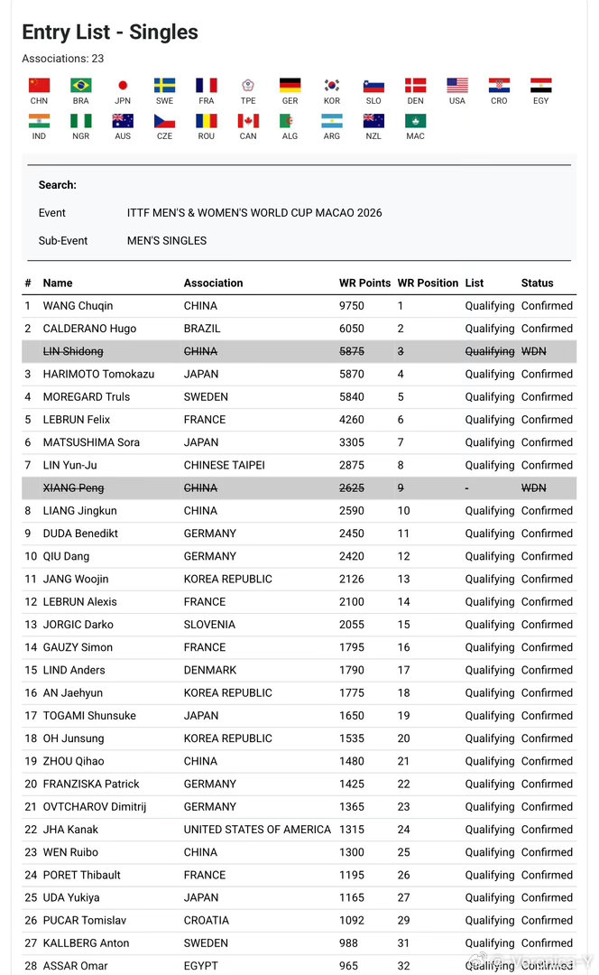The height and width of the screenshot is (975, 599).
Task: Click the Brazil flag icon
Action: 81,86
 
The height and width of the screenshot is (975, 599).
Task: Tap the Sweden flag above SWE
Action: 164,86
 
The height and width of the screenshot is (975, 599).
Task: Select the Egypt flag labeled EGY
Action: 540,86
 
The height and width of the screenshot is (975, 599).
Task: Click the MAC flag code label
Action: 415,136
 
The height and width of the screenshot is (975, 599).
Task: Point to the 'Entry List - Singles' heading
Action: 110,32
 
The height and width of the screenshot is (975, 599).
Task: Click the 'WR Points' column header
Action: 364,283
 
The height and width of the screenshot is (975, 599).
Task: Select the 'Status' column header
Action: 537,283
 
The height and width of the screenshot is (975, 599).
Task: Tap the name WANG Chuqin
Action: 78,306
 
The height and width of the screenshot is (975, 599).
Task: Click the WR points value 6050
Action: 352,329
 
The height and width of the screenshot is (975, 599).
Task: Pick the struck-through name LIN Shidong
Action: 73,351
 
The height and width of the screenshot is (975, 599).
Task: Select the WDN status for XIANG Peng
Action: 533,487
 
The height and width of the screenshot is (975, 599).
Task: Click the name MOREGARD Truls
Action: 87,397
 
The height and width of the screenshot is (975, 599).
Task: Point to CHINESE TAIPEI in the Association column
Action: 224,465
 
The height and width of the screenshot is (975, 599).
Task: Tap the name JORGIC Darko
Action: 78,625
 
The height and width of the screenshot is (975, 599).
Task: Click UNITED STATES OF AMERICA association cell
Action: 257,830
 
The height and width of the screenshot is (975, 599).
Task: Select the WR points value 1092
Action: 352,921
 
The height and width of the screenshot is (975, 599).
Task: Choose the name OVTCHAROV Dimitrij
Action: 95,807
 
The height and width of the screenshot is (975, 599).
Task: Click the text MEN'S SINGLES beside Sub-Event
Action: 167,241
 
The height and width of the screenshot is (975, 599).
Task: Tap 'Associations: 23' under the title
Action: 62,59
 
